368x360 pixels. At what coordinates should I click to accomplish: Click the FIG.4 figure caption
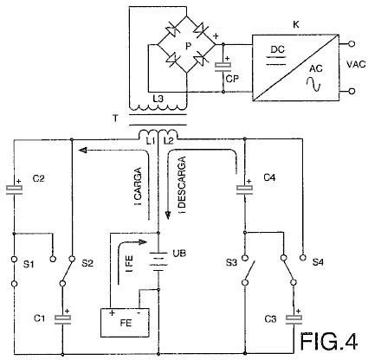(x=329, y=341)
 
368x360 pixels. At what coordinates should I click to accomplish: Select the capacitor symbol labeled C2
(x=14, y=189)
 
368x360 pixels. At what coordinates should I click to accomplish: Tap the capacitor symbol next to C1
(x=62, y=318)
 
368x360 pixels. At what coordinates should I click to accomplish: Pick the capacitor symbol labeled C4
(x=244, y=189)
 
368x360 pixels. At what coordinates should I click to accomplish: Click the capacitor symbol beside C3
(x=294, y=318)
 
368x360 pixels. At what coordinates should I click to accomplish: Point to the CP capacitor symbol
(x=223, y=67)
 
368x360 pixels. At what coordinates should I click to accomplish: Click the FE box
(x=125, y=323)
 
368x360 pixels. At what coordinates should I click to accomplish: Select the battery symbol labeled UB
(x=158, y=261)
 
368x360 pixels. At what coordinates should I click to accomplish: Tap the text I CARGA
(x=139, y=186)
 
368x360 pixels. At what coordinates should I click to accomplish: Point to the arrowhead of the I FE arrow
(x=143, y=241)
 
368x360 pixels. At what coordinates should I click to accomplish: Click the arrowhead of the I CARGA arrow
(x=83, y=150)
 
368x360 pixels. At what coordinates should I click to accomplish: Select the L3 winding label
(x=158, y=99)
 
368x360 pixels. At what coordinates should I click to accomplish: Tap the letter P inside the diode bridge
(x=188, y=46)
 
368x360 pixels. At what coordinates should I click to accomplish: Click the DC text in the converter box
(x=278, y=49)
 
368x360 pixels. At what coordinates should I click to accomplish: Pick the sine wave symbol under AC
(x=313, y=84)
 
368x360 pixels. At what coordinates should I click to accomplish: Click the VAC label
(x=356, y=64)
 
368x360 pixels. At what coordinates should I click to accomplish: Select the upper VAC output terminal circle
(x=352, y=44)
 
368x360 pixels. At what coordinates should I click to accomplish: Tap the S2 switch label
(x=87, y=263)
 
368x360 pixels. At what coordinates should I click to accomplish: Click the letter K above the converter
(x=296, y=25)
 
